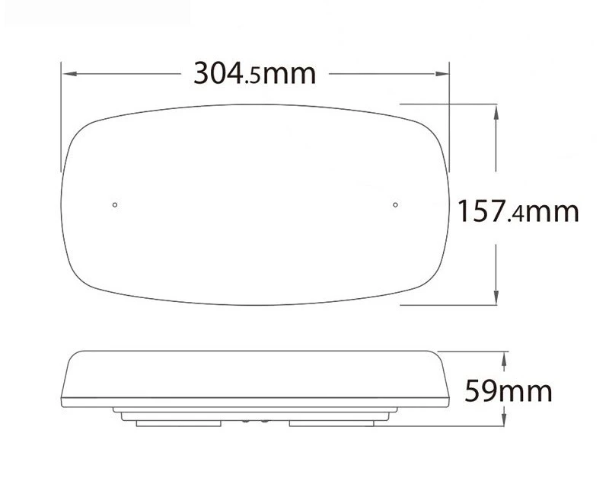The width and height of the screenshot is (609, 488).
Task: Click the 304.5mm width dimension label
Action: click(253, 74)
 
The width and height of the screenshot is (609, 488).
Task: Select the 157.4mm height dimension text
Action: click(518, 211)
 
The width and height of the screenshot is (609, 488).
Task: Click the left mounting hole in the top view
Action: click(114, 204)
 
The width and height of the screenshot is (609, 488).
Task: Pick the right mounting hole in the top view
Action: click(396, 204)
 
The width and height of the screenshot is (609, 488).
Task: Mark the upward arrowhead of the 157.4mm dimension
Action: click(497, 109)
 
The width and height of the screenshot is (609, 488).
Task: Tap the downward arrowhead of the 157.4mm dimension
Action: click(497, 299)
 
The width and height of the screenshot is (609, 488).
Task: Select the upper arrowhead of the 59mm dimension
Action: click(505, 357)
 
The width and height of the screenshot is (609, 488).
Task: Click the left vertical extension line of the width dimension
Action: click(60, 114)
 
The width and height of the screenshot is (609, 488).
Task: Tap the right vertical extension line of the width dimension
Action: click(450, 114)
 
